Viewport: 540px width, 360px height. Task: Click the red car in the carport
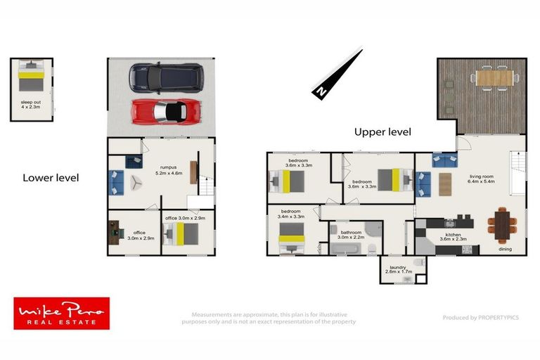tap(167, 110)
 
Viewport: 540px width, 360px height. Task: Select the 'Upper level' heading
tap(382, 131)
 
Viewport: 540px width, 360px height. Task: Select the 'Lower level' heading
tap(51, 178)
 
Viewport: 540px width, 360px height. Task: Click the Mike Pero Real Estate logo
tap(62, 313)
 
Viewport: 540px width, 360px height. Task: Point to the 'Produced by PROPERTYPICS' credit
tap(480, 318)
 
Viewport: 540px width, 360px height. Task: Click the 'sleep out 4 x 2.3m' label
tap(31, 106)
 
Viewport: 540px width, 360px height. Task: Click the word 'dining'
tap(506, 249)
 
